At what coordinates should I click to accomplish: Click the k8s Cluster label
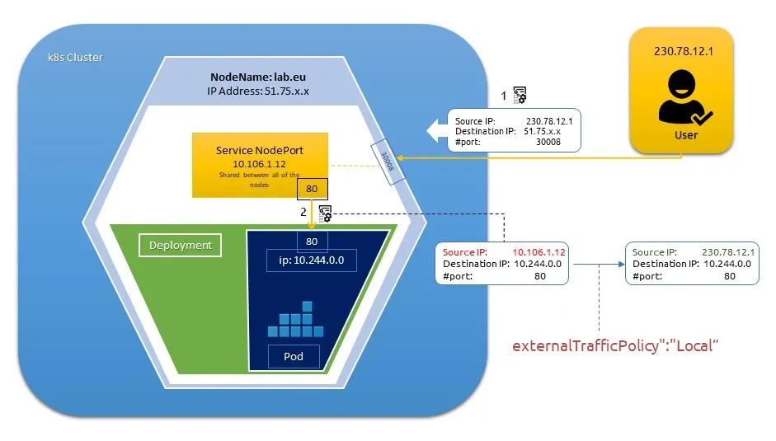(75, 58)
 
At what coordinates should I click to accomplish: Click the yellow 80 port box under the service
(313, 189)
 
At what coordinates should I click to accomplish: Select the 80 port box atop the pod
(313, 242)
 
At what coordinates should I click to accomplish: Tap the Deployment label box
(180, 245)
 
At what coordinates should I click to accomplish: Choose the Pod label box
(294, 356)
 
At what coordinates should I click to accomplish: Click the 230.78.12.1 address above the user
(681, 51)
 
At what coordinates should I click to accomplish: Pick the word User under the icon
(685, 134)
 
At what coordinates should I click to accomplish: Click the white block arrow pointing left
(438, 129)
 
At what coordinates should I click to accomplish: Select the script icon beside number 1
(520, 96)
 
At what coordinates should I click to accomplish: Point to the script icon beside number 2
(326, 213)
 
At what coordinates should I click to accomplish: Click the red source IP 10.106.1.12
(537, 252)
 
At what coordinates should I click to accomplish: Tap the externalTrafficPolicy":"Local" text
(617, 345)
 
